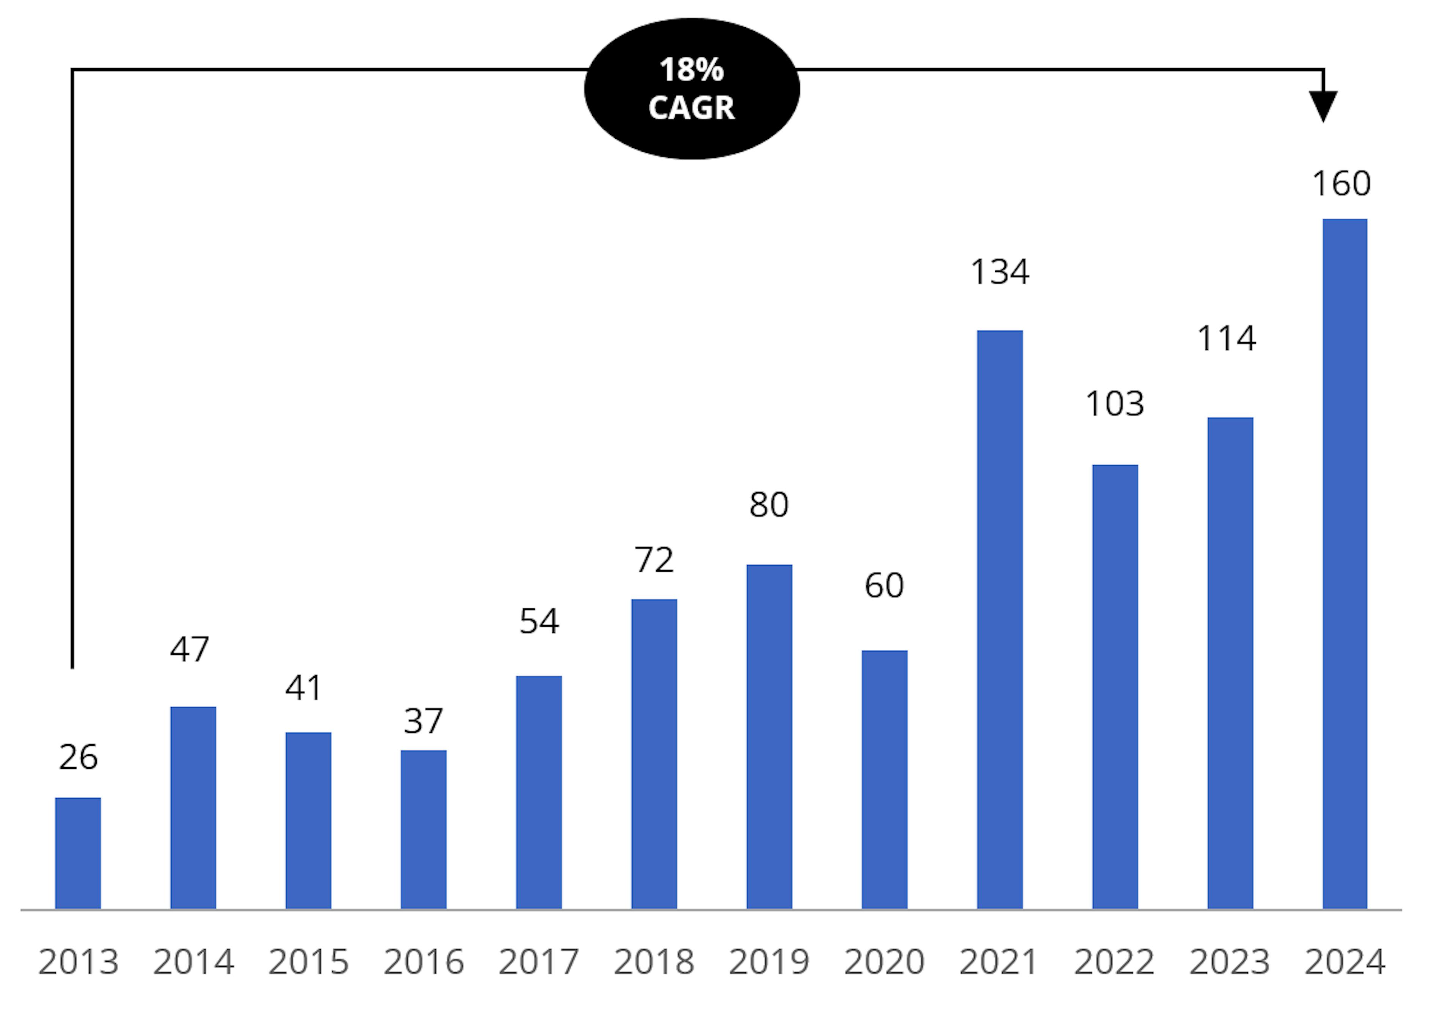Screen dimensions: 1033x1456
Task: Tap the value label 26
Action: coord(78,757)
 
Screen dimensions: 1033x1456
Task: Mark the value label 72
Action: coord(654,560)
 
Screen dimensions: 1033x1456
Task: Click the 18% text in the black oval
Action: coord(692,70)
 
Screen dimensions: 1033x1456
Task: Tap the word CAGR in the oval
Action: coord(692,108)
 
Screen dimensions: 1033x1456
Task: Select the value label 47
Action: coord(190,649)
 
